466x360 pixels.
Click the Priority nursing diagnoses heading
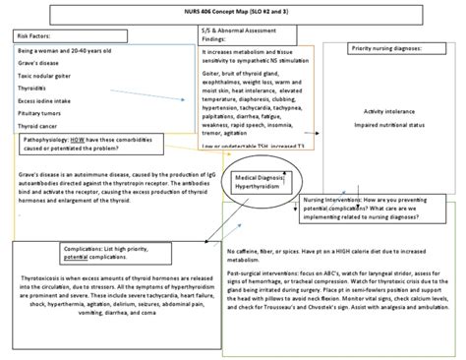pos(390,47)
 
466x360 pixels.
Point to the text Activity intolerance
pos(390,111)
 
